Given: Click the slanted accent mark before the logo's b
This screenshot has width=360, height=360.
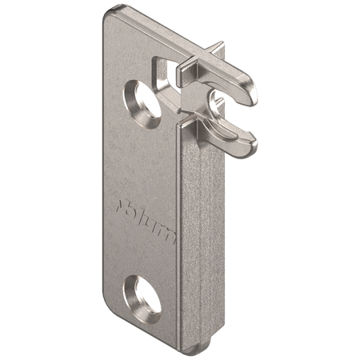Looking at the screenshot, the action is coord(120,206).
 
